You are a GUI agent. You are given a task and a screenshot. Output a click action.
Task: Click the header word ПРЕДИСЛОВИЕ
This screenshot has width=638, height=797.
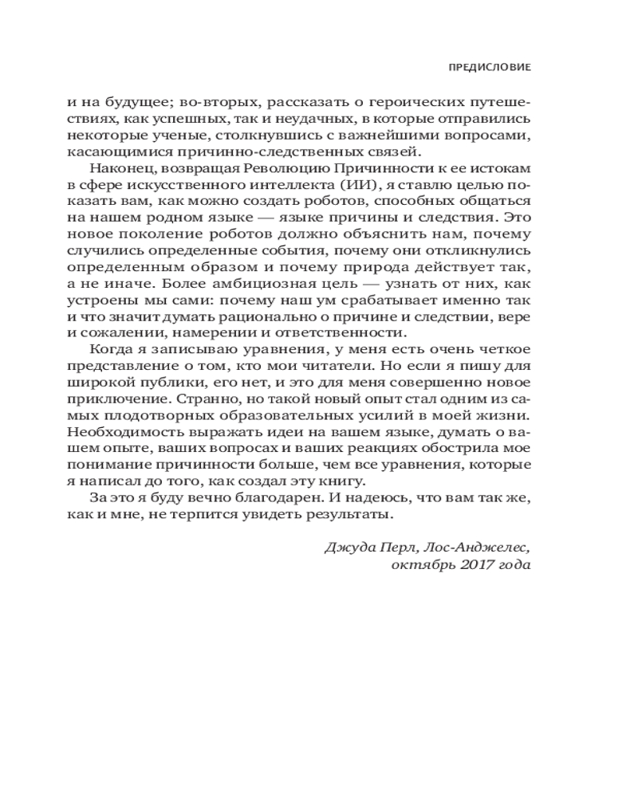(x=490, y=68)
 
